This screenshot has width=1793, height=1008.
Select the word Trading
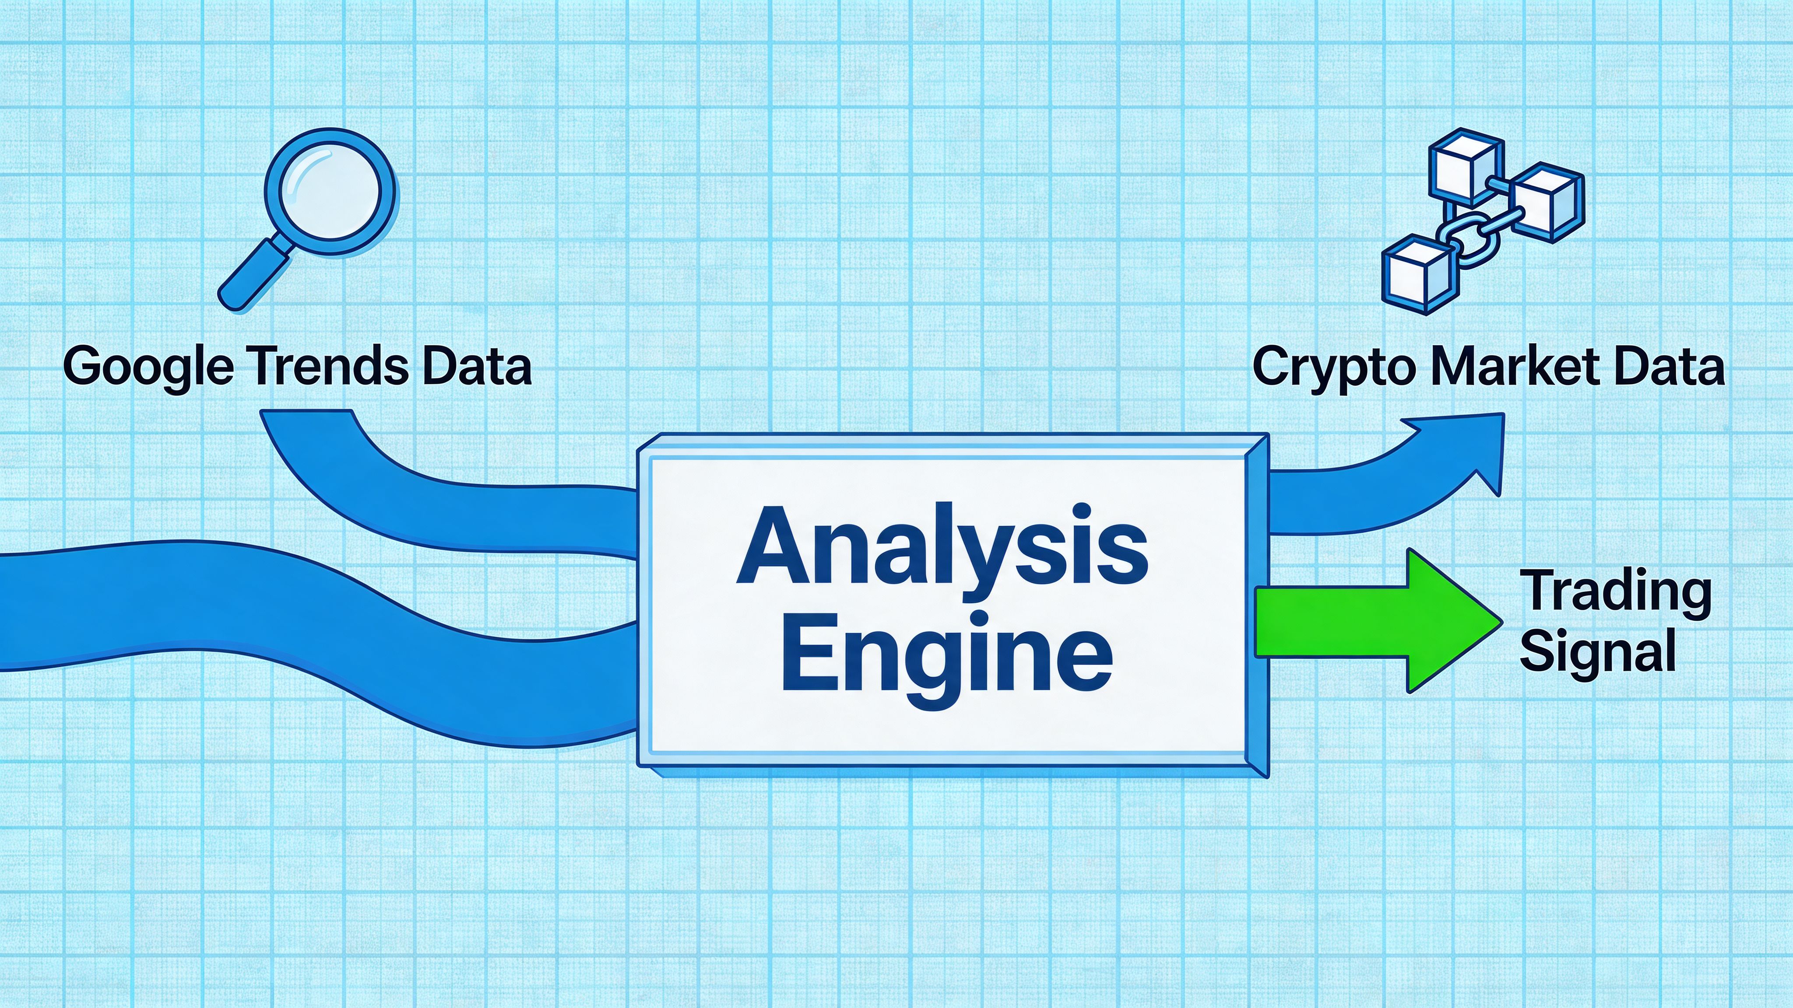point(1615,591)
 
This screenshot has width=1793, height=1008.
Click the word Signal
point(1597,651)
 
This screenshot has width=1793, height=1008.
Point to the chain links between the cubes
point(1470,240)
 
